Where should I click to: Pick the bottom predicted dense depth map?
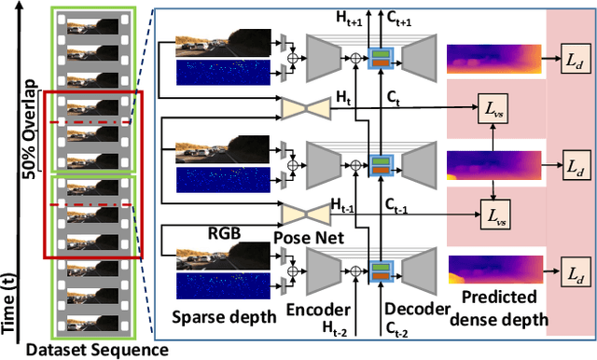493,271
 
